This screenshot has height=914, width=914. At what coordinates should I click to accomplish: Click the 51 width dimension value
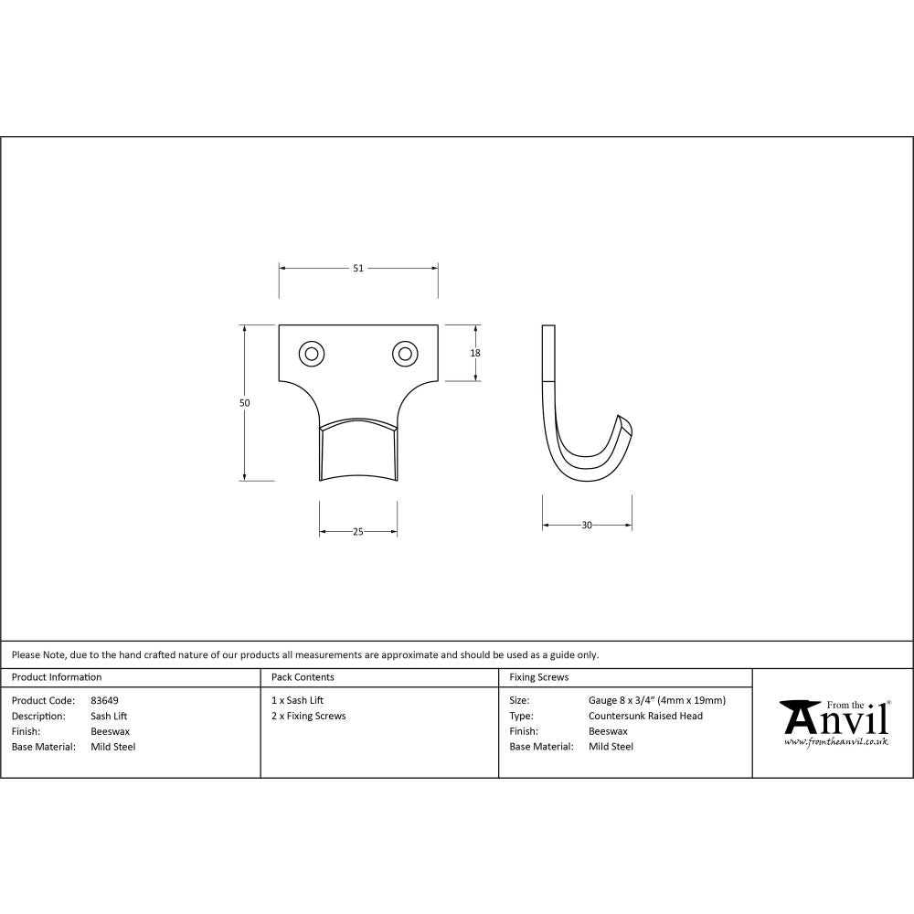358,268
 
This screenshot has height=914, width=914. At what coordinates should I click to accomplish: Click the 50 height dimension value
245,402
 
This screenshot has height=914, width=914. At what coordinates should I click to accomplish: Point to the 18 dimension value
476,353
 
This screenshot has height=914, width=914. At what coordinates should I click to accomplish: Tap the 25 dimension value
358,531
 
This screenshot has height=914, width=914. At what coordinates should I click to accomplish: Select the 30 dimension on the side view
587,525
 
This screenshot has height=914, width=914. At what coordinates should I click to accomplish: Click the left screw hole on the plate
312,353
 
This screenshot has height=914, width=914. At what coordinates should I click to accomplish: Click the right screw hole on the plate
404,353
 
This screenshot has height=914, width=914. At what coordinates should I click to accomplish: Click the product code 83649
104,700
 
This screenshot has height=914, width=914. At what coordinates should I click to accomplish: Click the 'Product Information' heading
57,677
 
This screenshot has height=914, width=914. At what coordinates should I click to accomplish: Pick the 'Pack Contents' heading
303,677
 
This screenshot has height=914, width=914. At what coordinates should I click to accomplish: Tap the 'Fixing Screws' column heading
538,677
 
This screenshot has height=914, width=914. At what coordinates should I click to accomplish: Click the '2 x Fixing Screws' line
309,716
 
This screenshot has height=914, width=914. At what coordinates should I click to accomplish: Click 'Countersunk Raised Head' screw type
645,716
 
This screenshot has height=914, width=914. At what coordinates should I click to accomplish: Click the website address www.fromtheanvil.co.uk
835,742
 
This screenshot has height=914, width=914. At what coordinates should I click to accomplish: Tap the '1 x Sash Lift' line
297,700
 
